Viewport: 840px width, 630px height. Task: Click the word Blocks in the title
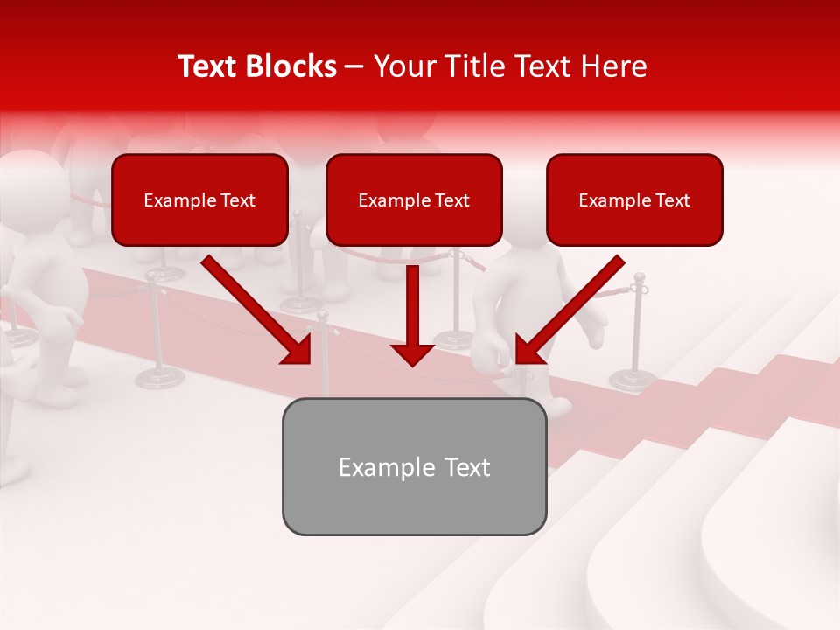point(292,66)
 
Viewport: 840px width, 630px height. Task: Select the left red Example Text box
point(199,199)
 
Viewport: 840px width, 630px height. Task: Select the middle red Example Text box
point(414,199)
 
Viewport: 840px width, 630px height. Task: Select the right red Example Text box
point(634,199)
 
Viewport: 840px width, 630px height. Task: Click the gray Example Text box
point(414,466)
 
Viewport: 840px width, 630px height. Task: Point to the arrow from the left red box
point(254,308)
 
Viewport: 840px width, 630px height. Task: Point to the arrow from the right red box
point(572,308)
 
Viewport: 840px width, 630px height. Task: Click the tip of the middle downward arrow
point(413,364)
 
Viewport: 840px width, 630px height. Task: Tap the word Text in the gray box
point(464,467)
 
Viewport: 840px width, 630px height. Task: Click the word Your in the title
point(401,66)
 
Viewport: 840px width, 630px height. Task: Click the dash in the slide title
point(355,66)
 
